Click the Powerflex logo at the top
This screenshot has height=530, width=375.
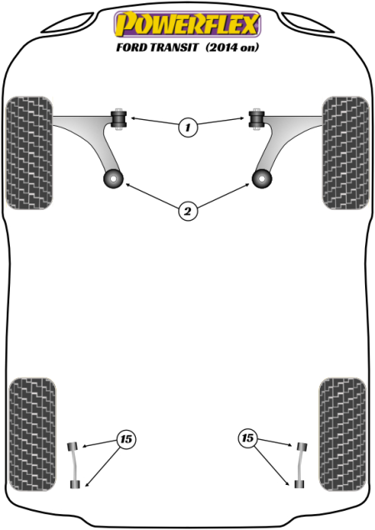click(187, 24)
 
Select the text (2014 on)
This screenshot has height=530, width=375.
click(232, 47)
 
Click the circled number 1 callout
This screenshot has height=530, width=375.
click(187, 127)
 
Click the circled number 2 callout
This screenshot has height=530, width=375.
click(187, 212)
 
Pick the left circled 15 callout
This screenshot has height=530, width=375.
click(126, 439)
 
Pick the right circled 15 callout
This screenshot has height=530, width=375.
click(247, 438)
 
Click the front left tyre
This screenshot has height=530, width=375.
click(29, 152)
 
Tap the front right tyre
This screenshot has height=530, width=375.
click(346, 152)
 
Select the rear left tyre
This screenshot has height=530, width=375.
click(32, 434)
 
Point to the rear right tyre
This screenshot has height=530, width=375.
click(342, 434)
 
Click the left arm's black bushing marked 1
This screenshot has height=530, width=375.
click(118, 119)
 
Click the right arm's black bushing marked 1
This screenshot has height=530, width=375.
click(257, 119)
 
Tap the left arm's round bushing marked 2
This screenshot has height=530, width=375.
click(113, 179)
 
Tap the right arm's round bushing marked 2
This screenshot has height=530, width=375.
click(262, 179)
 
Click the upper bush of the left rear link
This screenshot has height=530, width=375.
click(72, 446)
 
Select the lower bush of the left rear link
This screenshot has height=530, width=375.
click(75, 484)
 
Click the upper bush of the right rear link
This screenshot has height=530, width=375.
click(302, 446)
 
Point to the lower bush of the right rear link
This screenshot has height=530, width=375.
click(299, 484)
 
